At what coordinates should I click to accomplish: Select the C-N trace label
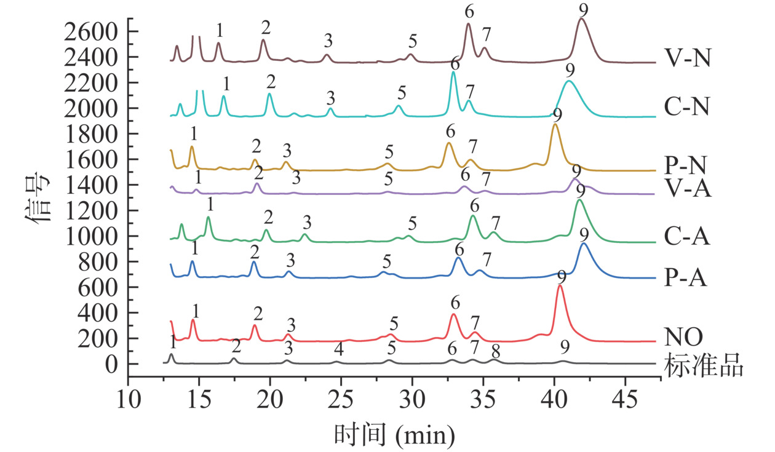pos(687,108)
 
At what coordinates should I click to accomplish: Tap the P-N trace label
pos(687,165)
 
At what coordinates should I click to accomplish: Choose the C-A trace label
pos(687,237)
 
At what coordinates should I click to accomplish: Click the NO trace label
pos(683,337)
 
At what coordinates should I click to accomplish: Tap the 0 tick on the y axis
pos(111,364)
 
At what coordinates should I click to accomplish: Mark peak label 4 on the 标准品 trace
pos(338,349)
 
